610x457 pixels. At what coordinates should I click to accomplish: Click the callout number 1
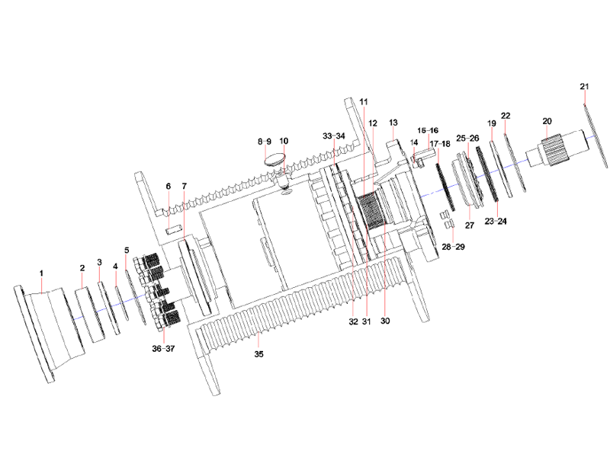tap(41, 272)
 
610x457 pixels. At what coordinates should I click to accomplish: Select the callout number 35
tap(258, 354)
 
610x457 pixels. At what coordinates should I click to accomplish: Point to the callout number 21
tap(584, 87)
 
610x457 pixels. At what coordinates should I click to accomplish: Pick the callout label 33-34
tap(334, 136)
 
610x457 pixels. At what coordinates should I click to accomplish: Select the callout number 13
tap(393, 122)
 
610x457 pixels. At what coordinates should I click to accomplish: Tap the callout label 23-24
tap(495, 221)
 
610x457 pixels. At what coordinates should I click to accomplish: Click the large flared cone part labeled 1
tap(46, 328)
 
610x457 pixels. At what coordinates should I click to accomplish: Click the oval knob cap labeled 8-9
tap(274, 159)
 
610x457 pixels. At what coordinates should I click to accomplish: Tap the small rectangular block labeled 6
tap(172, 227)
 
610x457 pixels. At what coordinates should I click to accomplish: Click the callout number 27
tap(470, 225)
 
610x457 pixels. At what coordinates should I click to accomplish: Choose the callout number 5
tap(127, 250)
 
